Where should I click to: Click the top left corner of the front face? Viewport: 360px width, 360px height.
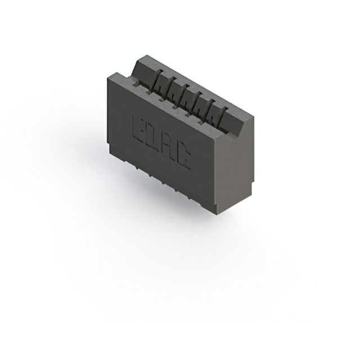[107, 77]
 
